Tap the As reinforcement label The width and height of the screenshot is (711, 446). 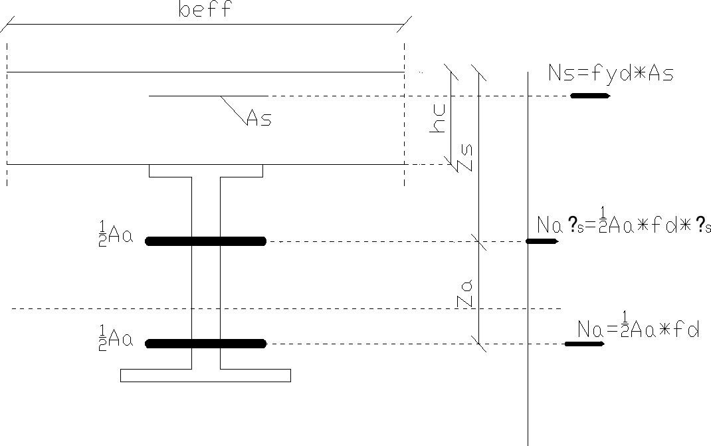258,119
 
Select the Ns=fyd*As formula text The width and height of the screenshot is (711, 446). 611,73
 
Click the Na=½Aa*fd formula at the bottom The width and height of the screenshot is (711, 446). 638,329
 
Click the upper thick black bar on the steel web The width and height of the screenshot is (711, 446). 205,241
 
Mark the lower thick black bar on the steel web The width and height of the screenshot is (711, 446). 205,344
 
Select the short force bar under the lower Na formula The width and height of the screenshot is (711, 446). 583,344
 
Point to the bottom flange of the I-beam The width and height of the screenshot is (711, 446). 205,376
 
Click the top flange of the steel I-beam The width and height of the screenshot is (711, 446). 205,171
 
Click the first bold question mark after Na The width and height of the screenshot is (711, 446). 575,226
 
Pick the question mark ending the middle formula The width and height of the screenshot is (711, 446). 700,226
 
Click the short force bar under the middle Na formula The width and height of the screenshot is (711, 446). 542,241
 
